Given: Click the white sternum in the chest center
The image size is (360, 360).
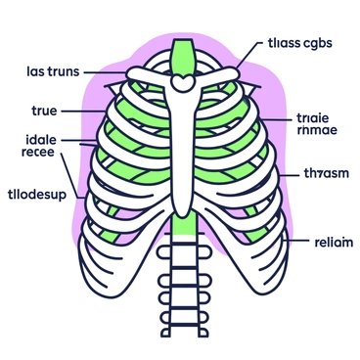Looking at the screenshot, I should [x=183, y=147].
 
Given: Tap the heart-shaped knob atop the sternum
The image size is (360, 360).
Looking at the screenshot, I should [x=183, y=85].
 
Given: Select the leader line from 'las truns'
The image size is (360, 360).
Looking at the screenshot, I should [x=106, y=72].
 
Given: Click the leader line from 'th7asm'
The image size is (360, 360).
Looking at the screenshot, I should [x=287, y=174].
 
